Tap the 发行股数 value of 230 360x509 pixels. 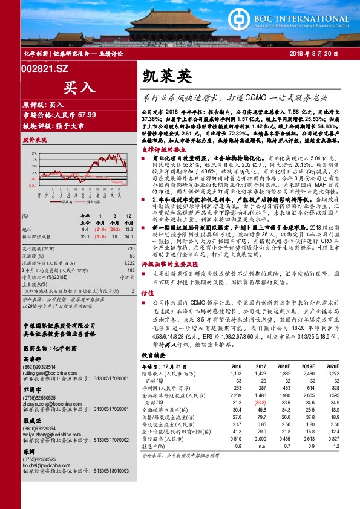pos(131,248)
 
